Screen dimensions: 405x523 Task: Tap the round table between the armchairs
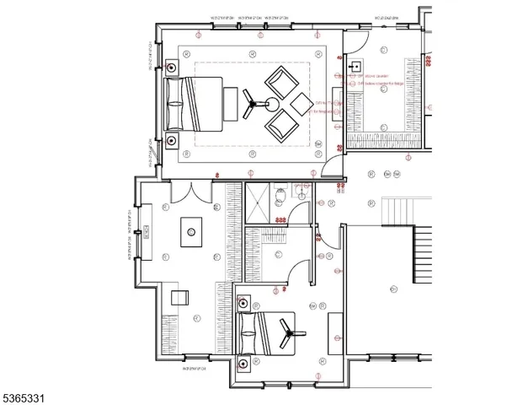coord(273,105)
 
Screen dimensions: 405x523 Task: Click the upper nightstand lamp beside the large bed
coord(172,67)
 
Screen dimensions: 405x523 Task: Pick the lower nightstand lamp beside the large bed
coord(172,139)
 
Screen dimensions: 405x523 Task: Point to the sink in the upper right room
coord(355,65)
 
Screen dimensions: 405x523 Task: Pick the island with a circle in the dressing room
coord(192,231)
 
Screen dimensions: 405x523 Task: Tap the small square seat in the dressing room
coord(179,296)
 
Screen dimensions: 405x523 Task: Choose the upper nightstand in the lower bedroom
coord(243,304)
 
